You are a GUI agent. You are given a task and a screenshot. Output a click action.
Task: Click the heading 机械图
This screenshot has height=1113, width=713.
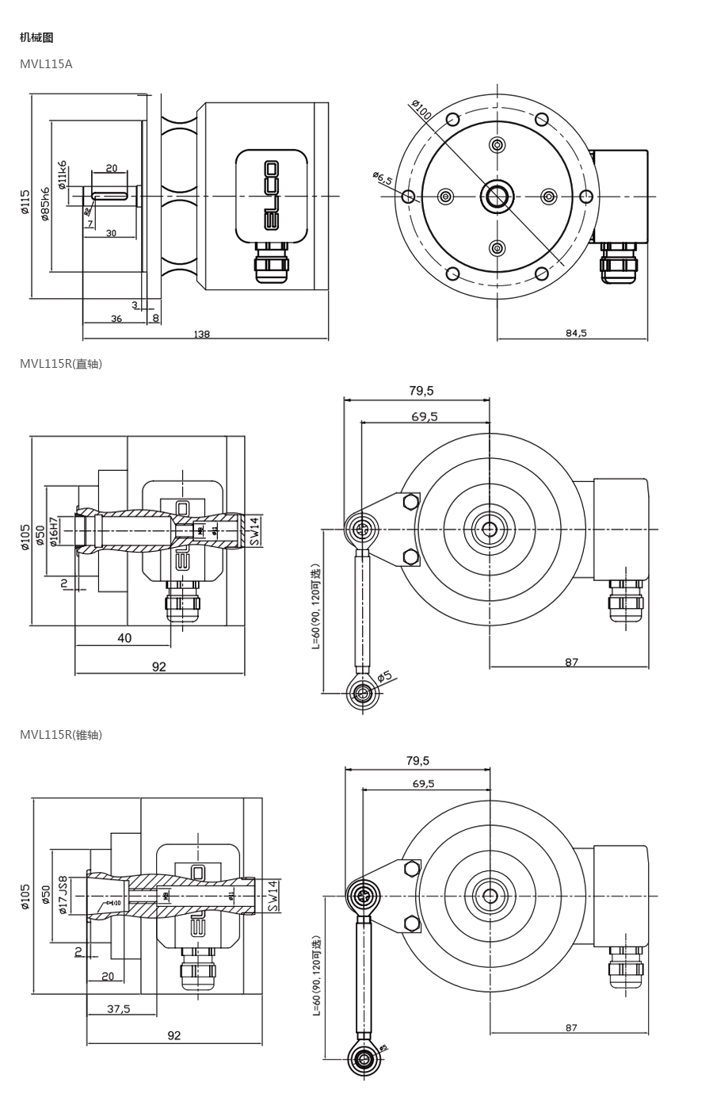coord(36,37)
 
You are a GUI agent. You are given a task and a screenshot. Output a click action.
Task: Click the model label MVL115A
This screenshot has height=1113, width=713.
coord(46,64)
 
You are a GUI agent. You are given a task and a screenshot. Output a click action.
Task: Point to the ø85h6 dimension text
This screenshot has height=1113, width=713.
coord(45,204)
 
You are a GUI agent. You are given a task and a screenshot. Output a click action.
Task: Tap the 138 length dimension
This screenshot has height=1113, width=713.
coord(201,335)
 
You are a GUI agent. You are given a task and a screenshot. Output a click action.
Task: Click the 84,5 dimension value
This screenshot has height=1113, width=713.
coord(576,333)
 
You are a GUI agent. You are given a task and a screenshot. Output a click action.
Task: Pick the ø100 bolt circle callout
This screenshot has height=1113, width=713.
coord(421,110)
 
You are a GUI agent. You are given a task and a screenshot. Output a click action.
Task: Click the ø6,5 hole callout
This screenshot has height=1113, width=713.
coord(383,178)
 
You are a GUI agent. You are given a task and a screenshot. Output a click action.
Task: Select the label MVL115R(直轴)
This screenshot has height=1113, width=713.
coord(61,364)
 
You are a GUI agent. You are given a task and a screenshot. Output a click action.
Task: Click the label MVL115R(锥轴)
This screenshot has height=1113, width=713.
coord(61,735)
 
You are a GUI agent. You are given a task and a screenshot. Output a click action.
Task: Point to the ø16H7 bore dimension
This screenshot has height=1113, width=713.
coord(54,531)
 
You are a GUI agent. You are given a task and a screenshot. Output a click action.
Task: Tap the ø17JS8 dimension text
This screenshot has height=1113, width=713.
coord(63,895)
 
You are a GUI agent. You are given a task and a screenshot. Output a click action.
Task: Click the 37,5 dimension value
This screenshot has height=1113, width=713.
coord(119,1009)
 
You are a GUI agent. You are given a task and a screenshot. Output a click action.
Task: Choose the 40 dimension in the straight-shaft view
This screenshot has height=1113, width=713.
coord(124,638)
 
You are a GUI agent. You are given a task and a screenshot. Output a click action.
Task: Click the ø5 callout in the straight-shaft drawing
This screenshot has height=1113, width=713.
coord(384,676)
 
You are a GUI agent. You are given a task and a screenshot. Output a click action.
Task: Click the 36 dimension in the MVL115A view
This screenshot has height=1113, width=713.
coord(116,319)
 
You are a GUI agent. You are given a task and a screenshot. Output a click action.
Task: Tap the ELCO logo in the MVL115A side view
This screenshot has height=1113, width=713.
coord(271,195)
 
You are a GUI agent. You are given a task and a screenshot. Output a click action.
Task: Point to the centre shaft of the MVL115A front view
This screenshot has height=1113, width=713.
coord(497,196)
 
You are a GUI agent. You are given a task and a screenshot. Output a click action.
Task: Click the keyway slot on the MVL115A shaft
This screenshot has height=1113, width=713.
coord(110,196)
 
